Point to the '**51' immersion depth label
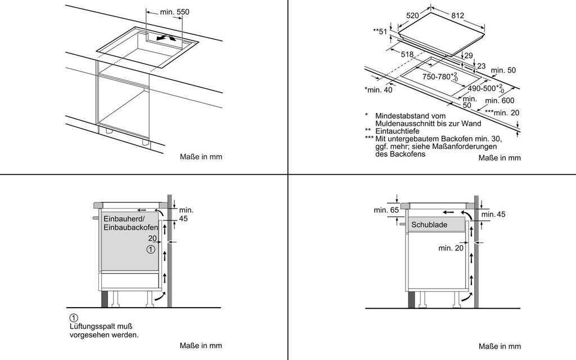pos(381,31)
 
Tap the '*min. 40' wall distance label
pos(378,89)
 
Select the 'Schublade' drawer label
pos(429,224)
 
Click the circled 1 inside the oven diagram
pos(150,249)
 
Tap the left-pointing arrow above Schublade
pos(448,213)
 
